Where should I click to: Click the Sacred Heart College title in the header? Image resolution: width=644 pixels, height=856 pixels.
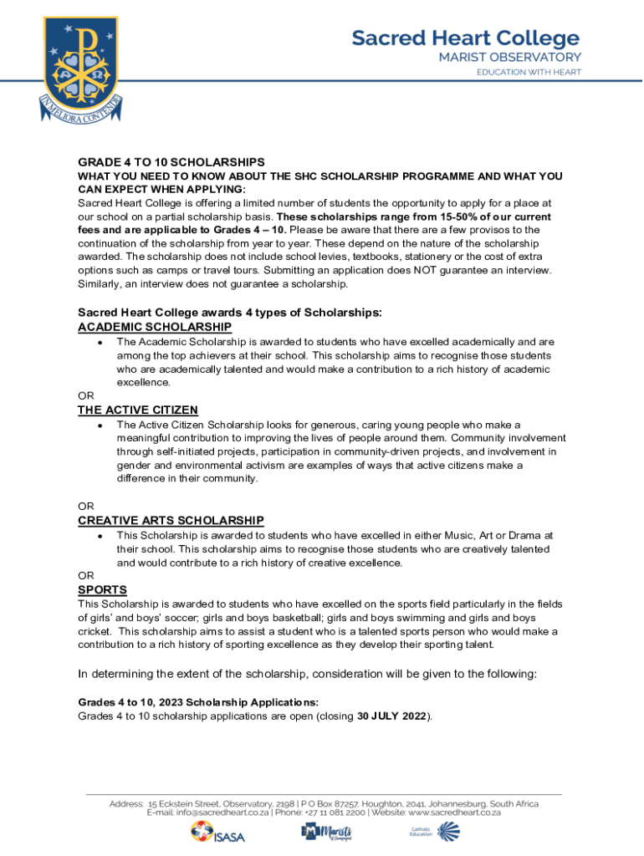pyautogui.click(x=465, y=38)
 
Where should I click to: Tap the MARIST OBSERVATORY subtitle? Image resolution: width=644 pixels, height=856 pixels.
pyautogui.click(x=509, y=57)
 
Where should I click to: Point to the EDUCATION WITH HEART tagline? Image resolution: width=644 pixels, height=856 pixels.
pyautogui.click(x=529, y=72)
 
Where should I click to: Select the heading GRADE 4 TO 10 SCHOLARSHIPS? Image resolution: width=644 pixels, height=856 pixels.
pyautogui.click(x=171, y=161)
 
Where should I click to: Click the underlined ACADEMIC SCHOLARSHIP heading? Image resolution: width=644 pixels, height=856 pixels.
pyautogui.click(x=155, y=327)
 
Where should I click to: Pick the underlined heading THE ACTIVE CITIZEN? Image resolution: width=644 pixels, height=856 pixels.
pyautogui.click(x=138, y=410)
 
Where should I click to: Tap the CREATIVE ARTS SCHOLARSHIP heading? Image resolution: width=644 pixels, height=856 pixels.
pyautogui.click(x=171, y=520)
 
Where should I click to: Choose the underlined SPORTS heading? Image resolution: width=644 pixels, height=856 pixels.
pyautogui.click(x=96, y=589)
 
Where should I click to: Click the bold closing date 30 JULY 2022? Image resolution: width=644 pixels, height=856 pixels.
pyautogui.click(x=392, y=716)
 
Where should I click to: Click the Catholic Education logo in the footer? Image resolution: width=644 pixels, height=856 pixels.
pyautogui.click(x=435, y=832)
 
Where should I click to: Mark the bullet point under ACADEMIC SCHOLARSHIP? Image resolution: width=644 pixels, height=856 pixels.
pyautogui.click(x=100, y=343)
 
